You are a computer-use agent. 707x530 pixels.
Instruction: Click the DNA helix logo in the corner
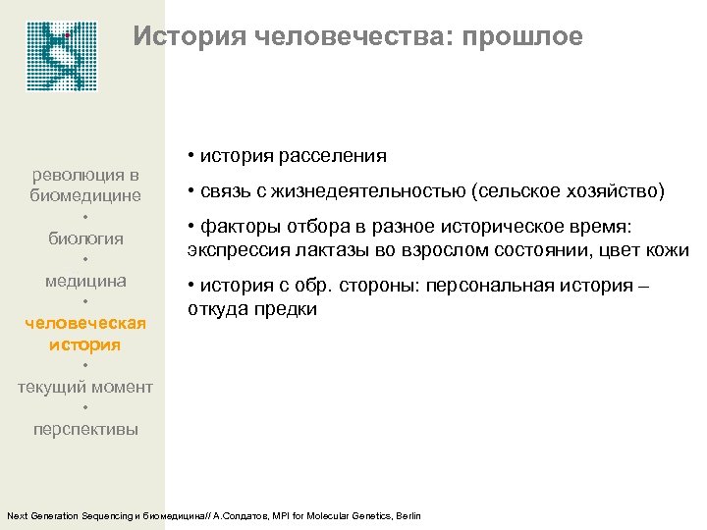[64, 56]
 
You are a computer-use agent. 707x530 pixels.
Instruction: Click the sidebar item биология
[86, 238]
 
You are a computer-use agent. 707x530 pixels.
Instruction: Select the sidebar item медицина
[86, 281]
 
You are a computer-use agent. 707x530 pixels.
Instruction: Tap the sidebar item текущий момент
[85, 387]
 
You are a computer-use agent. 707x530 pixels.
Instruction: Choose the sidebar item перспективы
[85, 429]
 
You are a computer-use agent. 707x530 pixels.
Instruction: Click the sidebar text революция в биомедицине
[86, 185]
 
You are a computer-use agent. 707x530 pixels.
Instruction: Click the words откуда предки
[251, 308]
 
